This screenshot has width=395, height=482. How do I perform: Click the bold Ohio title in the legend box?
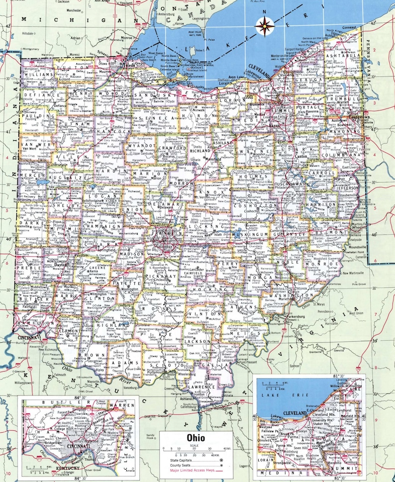coord(197,438)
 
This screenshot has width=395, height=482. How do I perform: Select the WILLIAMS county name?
coord(38,75)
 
